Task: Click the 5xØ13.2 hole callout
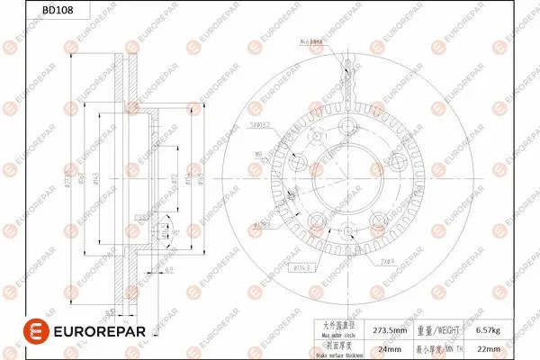(261, 125)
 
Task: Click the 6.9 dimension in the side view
(168, 268)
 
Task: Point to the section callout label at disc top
(311, 41)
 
